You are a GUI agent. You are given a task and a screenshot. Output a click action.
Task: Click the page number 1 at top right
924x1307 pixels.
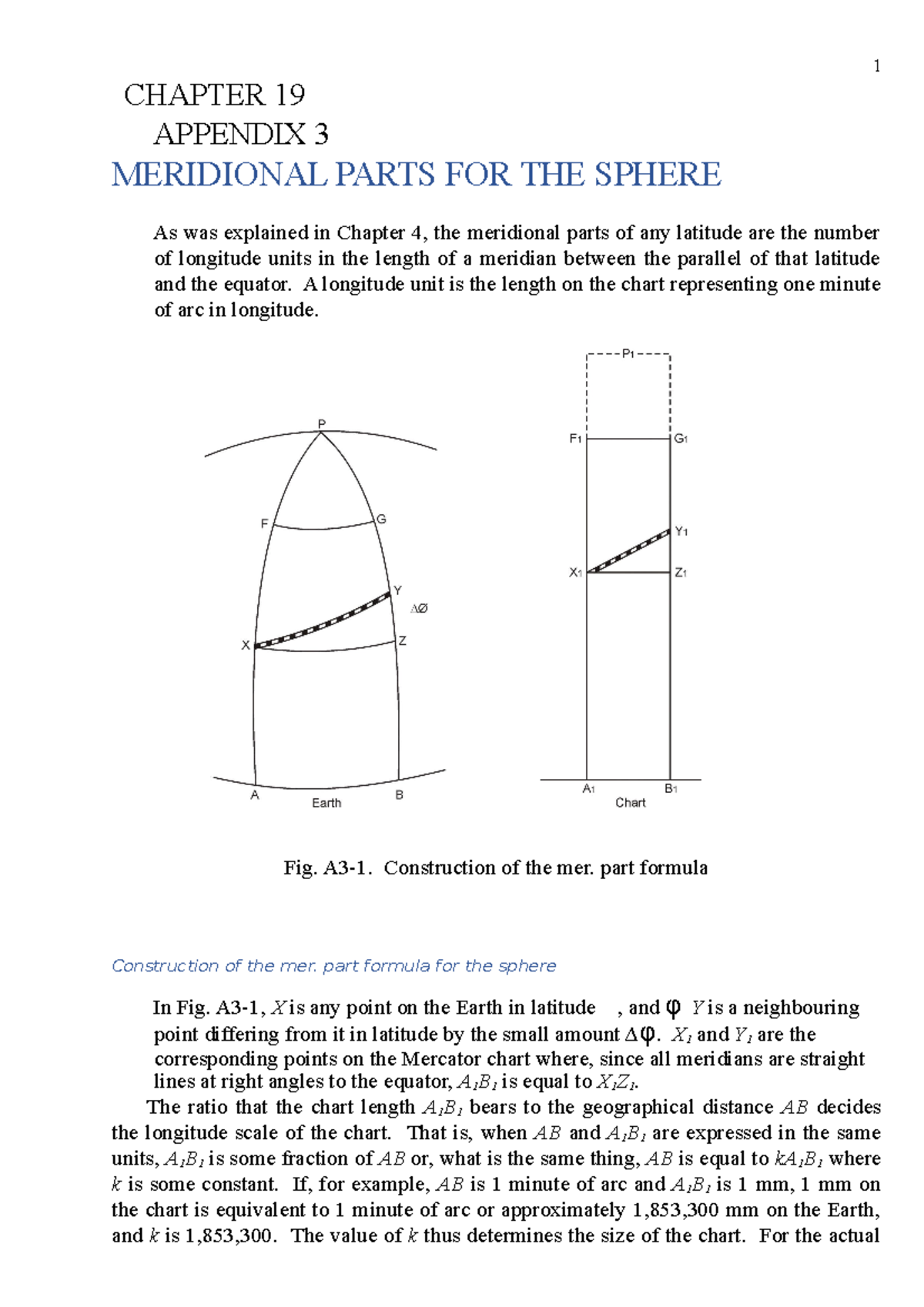pos(876,66)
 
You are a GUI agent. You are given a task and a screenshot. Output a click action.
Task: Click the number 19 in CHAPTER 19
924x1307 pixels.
pos(290,95)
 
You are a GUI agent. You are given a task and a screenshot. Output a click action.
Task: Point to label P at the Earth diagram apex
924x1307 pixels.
pos(322,423)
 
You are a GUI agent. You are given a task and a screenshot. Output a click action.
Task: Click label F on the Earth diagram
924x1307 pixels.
pos(264,523)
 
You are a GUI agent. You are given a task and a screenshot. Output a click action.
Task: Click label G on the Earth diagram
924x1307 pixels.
pos(381,520)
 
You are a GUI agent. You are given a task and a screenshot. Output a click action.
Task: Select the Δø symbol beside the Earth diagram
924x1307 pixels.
pos(419,609)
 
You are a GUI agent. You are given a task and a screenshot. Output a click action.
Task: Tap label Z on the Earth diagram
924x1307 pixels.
pos(402,640)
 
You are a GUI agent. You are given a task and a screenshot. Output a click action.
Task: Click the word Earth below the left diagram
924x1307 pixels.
pos(326,803)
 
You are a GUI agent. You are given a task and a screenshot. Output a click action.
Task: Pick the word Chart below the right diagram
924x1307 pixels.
pos(630,803)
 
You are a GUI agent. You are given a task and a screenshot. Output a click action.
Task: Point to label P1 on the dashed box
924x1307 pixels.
pos(628,354)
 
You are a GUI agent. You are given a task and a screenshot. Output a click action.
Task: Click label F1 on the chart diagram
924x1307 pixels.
pos(575,439)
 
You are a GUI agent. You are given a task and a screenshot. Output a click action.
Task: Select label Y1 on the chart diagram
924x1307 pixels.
pos(681,531)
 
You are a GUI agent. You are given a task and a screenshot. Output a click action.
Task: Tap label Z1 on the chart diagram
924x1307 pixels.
pos(681,573)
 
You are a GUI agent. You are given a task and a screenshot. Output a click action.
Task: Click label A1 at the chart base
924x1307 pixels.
pos(589,789)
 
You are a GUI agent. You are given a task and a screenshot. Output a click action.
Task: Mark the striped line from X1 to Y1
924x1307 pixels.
pos(628,551)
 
